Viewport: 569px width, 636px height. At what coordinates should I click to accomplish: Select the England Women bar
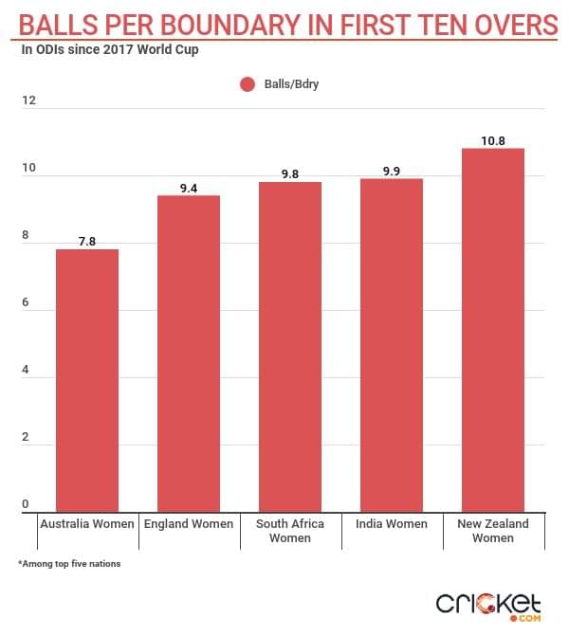click(x=189, y=354)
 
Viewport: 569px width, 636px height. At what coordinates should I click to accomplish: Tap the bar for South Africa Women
click(x=290, y=347)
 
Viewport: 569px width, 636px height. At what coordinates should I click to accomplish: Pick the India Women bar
click(x=391, y=345)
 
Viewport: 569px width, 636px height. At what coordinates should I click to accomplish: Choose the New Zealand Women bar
click(x=492, y=330)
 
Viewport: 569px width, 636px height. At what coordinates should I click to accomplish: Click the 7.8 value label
click(x=87, y=242)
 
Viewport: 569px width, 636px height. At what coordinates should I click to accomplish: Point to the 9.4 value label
click(x=189, y=188)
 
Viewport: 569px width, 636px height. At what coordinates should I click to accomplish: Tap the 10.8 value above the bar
click(x=492, y=141)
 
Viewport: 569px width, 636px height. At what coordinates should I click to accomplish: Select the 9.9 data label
click(x=391, y=172)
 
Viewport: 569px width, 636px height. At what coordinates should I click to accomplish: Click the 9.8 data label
click(x=290, y=174)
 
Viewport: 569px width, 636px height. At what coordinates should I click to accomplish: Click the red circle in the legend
click(x=248, y=84)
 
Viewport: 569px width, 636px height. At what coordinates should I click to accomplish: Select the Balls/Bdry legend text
click(x=291, y=84)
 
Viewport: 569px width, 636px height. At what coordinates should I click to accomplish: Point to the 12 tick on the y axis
click(x=28, y=100)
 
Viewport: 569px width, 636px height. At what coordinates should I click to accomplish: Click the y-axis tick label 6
click(x=26, y=303)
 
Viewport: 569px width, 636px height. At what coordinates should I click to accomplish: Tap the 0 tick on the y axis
click(x=26, y=504)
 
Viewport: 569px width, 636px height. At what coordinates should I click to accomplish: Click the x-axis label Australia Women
click(x=87, y=524)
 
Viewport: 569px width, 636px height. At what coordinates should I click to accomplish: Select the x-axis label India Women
click(x=391, y=524)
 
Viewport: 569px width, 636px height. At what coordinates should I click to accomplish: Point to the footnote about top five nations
click(x=69, y=565)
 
